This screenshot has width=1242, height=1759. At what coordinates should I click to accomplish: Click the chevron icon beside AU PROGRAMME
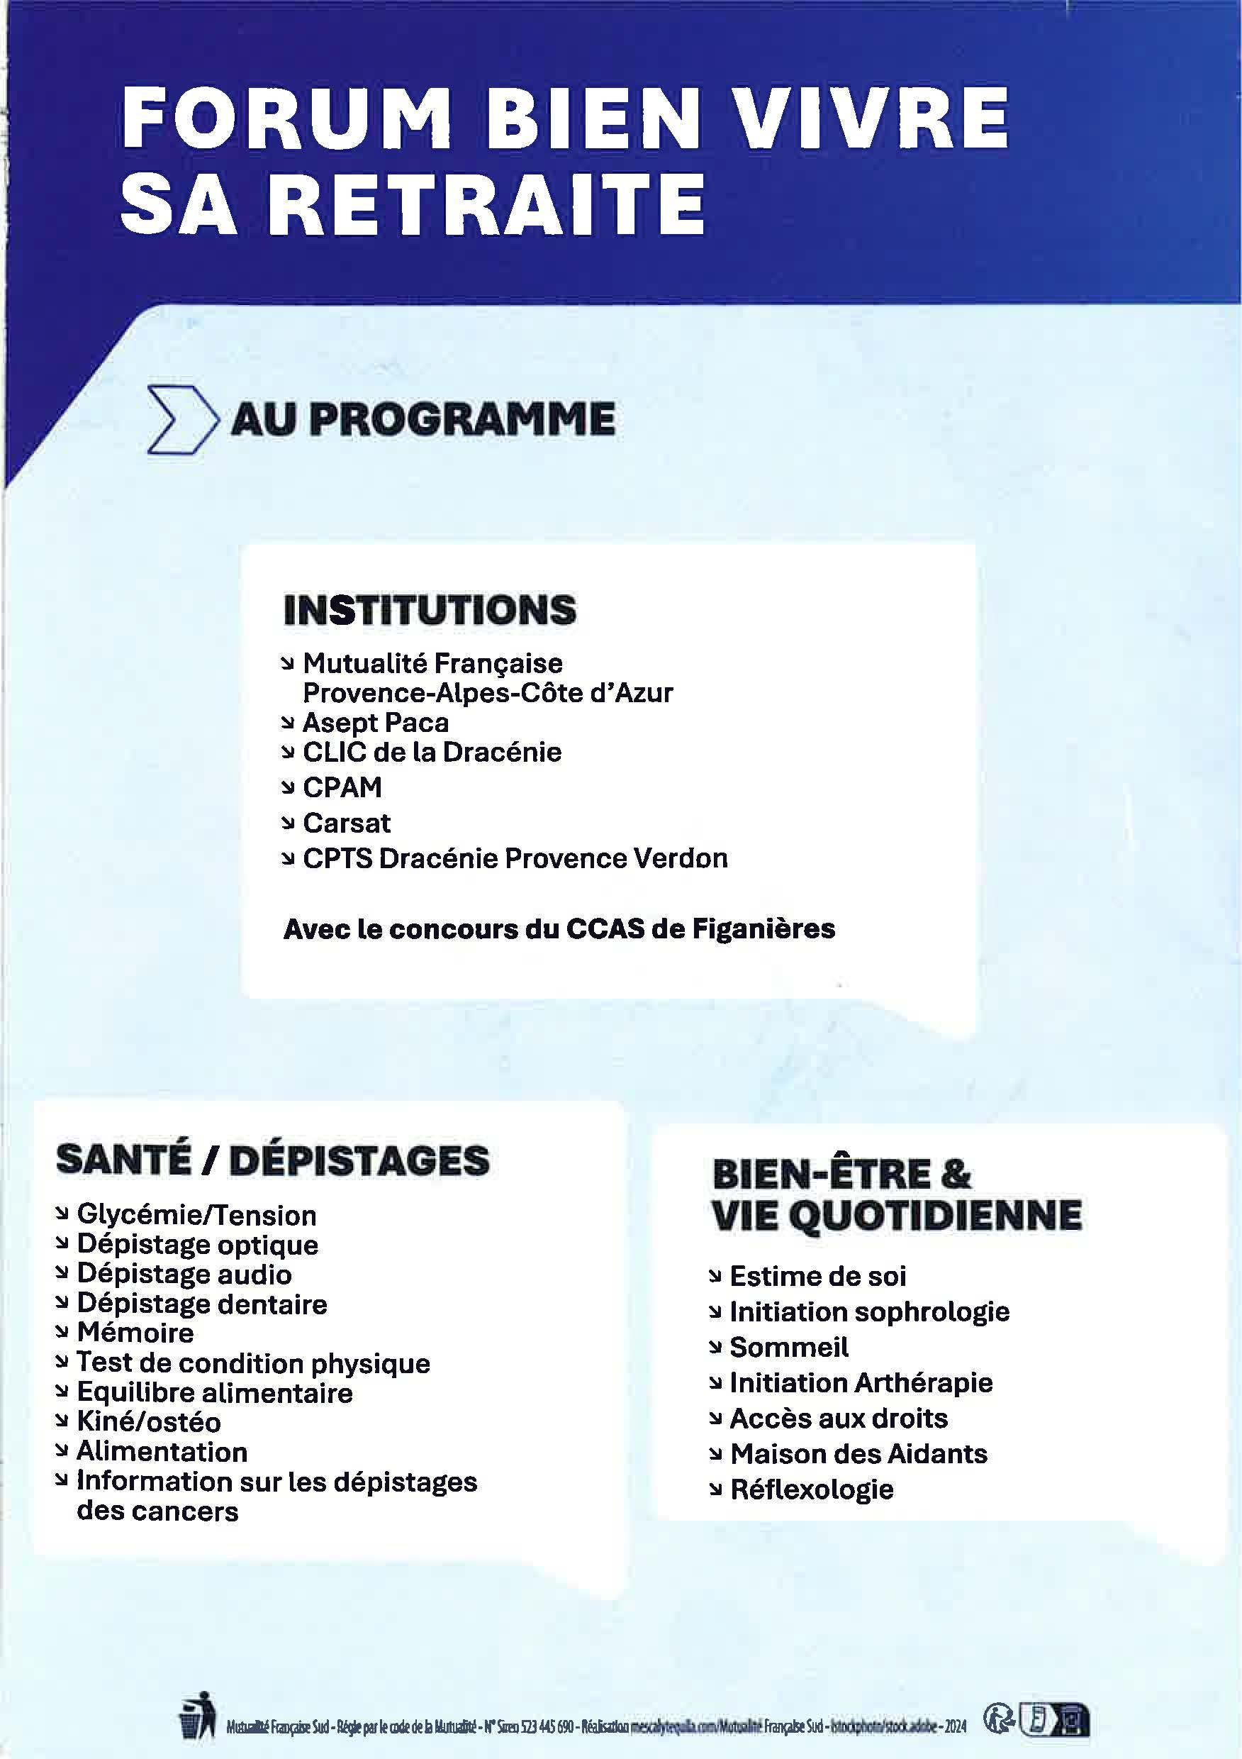tap(179, 421)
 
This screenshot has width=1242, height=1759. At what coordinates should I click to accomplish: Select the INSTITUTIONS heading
tap(429, 611)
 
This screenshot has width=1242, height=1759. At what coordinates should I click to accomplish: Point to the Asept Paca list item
tap(375, 723)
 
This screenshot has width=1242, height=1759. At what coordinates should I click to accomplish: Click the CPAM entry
tap(342, 787)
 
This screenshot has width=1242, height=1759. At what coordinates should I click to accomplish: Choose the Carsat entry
tap(346, 823)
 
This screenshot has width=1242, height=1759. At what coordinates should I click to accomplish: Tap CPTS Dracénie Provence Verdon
tap(515, 858)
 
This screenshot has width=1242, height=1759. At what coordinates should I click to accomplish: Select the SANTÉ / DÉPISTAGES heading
tap(273, 1161)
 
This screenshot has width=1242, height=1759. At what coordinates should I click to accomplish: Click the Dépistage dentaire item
tap(201, 1304)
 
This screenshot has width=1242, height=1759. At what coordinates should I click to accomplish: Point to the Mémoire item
tap(135, 1333)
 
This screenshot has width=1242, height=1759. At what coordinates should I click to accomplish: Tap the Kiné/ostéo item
tap(149, 1422)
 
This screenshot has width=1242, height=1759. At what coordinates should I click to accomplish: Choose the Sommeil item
tap(789, 1347)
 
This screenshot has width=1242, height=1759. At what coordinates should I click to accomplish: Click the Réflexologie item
tap(812, 1489)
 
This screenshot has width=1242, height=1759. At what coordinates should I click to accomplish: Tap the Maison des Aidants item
tap(858, 1453)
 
